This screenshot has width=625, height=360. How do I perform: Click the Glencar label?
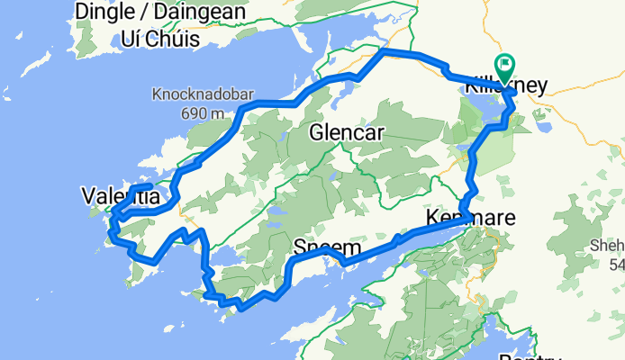coord(346,133)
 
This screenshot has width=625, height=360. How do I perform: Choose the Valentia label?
coord(121,196)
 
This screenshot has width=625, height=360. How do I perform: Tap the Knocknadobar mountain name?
coord(202,94)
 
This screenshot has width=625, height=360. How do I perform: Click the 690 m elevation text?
coord(202,112)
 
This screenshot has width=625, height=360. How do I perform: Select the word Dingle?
coord(107,12)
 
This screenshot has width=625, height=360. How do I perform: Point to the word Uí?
coord(131,39)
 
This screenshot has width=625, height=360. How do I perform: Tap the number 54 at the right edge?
coord(616,265)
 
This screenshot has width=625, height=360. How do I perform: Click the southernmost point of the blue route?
coord(241,309)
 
